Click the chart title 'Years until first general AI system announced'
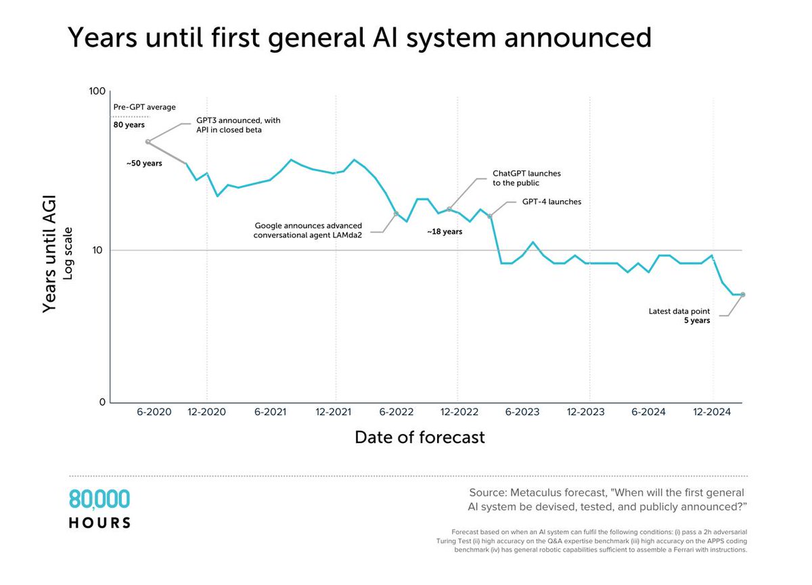pos(359,39)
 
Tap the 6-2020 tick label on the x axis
pos(154,412)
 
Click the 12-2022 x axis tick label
pos(457,412)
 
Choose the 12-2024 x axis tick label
pos(713,412)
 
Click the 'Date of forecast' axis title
pos(420,438)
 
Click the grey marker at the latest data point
pos(742,295)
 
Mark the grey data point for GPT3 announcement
pos(148,142)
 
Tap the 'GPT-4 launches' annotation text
pos(551,202)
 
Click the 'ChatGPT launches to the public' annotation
pos(526,178)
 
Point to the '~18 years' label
pos(444,231)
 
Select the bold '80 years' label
pos(129,124)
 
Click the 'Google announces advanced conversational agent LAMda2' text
pos(308,231)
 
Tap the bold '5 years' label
pos(697,321)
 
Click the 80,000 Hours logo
pos(99,509)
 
